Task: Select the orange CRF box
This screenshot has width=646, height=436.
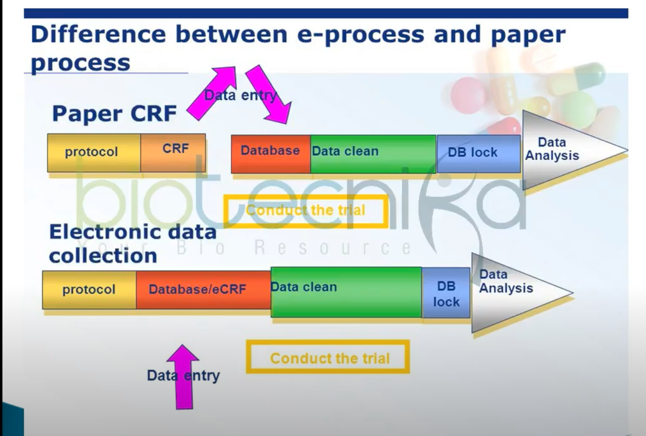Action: [x=174, y=152]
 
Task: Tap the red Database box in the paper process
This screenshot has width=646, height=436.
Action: [x=270, y=153]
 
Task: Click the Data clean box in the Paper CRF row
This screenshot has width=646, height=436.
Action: [x=372, y=153]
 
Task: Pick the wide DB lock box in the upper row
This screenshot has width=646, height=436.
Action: [x=478, y=153]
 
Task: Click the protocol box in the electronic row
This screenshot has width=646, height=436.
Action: [x=89, y=290]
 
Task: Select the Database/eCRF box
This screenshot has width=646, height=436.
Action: [x=203, y=290]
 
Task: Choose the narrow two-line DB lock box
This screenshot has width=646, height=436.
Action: [x=446, y=293]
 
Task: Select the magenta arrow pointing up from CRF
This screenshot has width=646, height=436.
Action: [x=213, y=92]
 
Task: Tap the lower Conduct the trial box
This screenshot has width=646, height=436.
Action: [x=328, y=357]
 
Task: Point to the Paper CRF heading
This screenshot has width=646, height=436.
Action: [x=114, y=113]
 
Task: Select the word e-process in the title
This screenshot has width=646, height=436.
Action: [x=360, y=35]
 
